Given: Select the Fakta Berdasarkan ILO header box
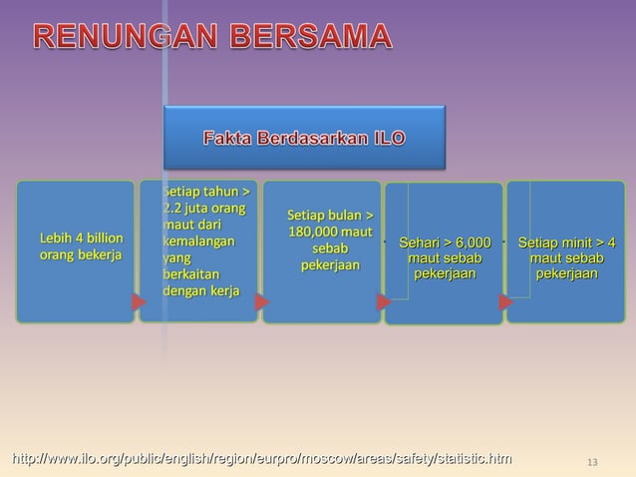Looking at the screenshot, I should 304,137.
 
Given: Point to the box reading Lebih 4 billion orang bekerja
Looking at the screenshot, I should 76,250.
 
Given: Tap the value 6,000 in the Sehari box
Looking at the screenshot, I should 473,242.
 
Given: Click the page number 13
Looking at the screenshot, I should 592,461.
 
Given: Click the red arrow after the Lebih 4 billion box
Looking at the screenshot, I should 137,300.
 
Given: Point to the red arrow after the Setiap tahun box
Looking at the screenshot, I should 261,300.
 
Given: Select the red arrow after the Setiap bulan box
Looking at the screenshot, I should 383,300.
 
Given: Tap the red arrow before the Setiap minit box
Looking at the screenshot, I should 505,300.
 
